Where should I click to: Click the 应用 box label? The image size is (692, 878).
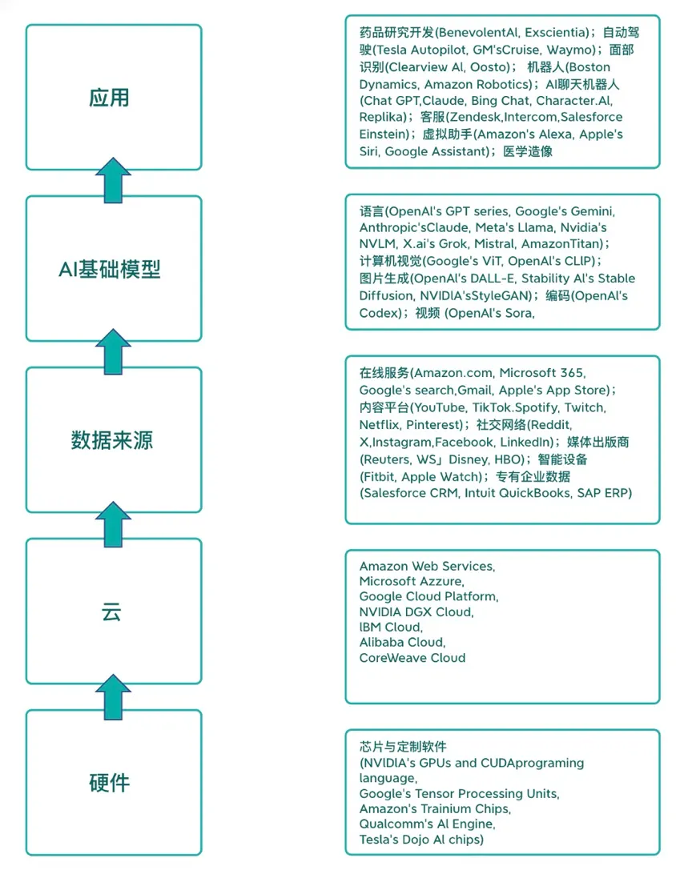click(x=109, y=98)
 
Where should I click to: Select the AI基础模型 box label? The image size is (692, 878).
click(x=110, y=270)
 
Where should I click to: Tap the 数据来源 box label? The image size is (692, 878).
click(x=111, y=440)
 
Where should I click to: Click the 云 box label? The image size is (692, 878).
click(x=111, y=612)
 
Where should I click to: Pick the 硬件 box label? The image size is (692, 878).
click(x=110, y=783)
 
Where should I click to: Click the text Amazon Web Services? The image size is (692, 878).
click(x=427, y=566)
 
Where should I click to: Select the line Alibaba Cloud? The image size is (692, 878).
click(x=402, y=643)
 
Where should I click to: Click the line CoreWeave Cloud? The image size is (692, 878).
click(x=412, y=658)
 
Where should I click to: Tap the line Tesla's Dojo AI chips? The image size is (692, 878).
click(x=421, y=840)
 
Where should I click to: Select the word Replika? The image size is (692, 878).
click(x=378, y=117)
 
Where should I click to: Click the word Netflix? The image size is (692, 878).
click(x=379, y=424)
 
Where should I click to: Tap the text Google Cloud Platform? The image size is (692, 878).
click(x=428, y=596)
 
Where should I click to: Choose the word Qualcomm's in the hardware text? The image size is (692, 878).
click(x=393, y=824)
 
